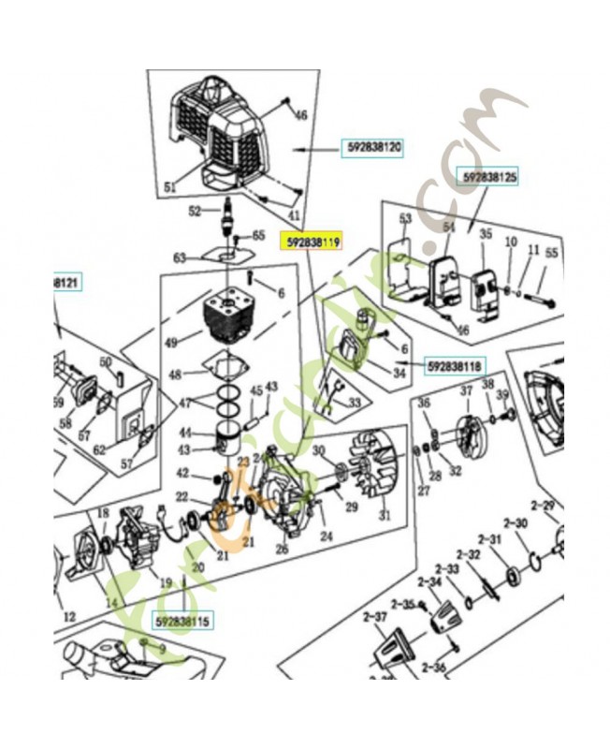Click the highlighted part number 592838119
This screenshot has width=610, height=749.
click(312, 241)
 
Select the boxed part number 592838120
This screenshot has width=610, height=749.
click(374, 147)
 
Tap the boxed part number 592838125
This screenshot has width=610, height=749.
click(489, 175)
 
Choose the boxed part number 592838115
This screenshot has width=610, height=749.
click(184, 620)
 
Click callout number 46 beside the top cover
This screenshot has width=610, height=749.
click(300, 115)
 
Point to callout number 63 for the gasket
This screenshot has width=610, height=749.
click(180, 257)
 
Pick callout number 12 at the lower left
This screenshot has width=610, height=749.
click(68, 617)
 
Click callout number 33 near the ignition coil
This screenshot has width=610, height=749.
click(354, 403)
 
